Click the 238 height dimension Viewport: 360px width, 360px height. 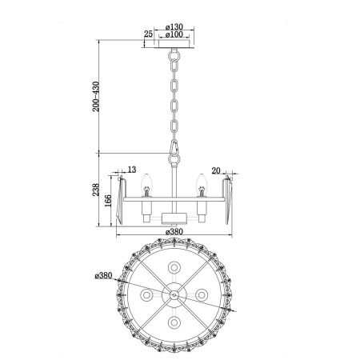click(x=97, y=191)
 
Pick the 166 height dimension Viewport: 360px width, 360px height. click(x=108, y=201)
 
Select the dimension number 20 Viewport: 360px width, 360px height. click(x=217, y=170)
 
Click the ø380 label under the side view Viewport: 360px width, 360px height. click(x=175, y=233)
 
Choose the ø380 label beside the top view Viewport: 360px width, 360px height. click(x=102, y=276)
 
